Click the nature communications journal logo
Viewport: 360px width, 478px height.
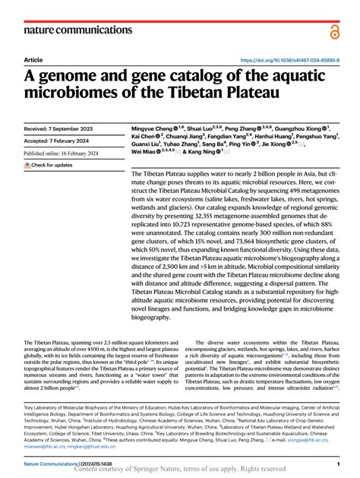(68, 30)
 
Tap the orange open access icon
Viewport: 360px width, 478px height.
(334, 30)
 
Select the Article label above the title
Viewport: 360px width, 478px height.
(33, 59)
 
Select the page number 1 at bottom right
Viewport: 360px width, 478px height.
(336, 463)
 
